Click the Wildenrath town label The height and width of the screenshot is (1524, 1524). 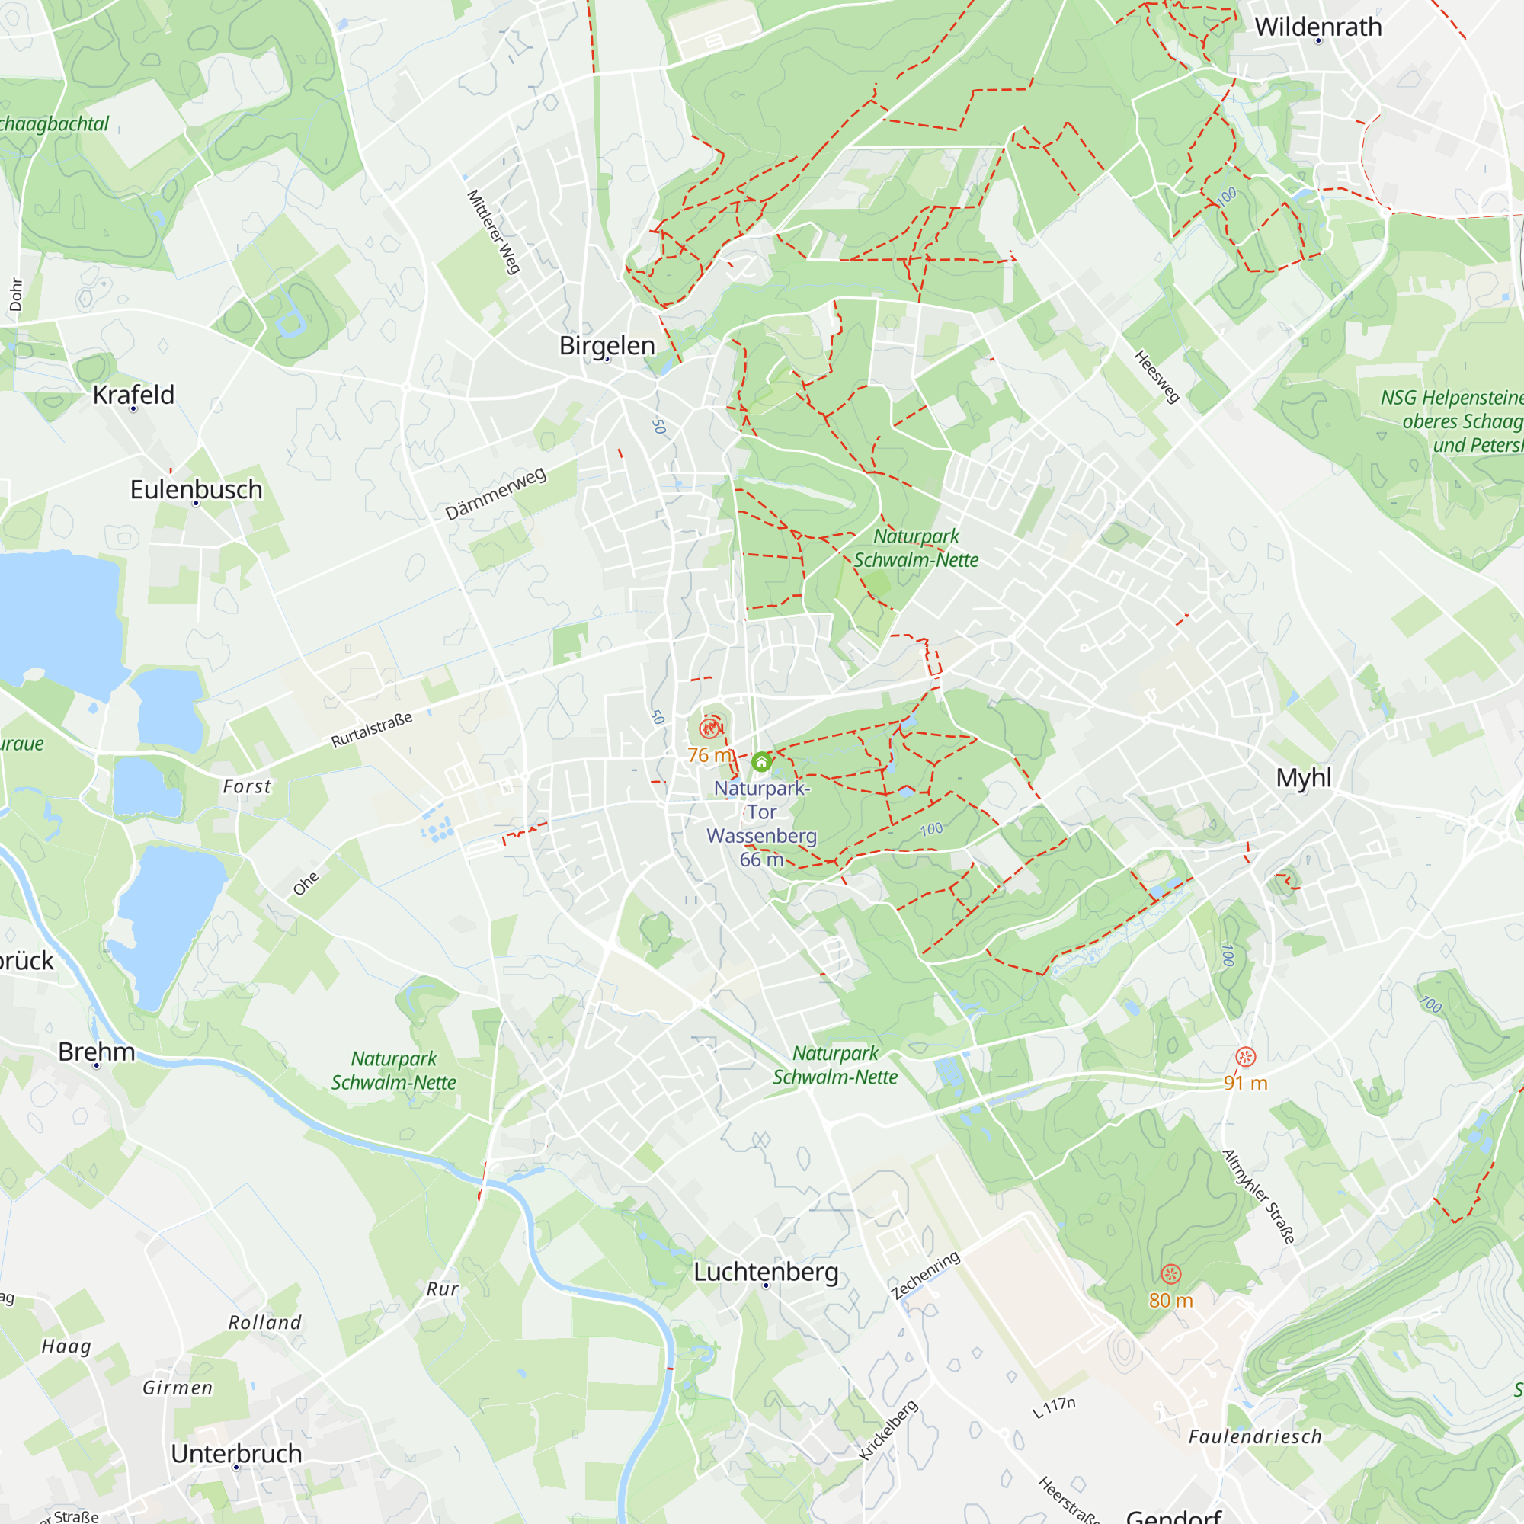[1318, 27]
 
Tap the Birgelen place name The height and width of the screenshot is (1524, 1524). [607, 345]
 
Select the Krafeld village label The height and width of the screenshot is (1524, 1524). [133, 395]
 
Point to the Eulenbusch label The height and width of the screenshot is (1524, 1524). [196, 489]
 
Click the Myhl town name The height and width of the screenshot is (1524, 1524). [1303, 778]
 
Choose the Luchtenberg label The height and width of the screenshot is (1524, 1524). [765, 1272]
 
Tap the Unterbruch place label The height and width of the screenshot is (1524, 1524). [236, 1453]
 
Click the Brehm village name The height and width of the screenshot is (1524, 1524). [96, 1052]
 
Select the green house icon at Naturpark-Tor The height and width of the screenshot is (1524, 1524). [761, 762]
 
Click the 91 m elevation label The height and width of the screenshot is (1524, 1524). [1246, 1083]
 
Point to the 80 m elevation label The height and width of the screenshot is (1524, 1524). [1170, 1300]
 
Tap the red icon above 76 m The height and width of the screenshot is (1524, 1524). [710, 727]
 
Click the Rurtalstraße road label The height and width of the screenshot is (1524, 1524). [372, 730]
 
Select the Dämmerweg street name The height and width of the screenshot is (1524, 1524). [495, 494]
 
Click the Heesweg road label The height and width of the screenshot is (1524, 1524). [1157, 376]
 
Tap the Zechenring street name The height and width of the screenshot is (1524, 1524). [925, 1276]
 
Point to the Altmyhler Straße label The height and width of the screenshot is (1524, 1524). [1258, 1196]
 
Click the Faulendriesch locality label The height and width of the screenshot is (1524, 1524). [1255, 1436]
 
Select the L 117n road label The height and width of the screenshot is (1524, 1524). [1054, 1407]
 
